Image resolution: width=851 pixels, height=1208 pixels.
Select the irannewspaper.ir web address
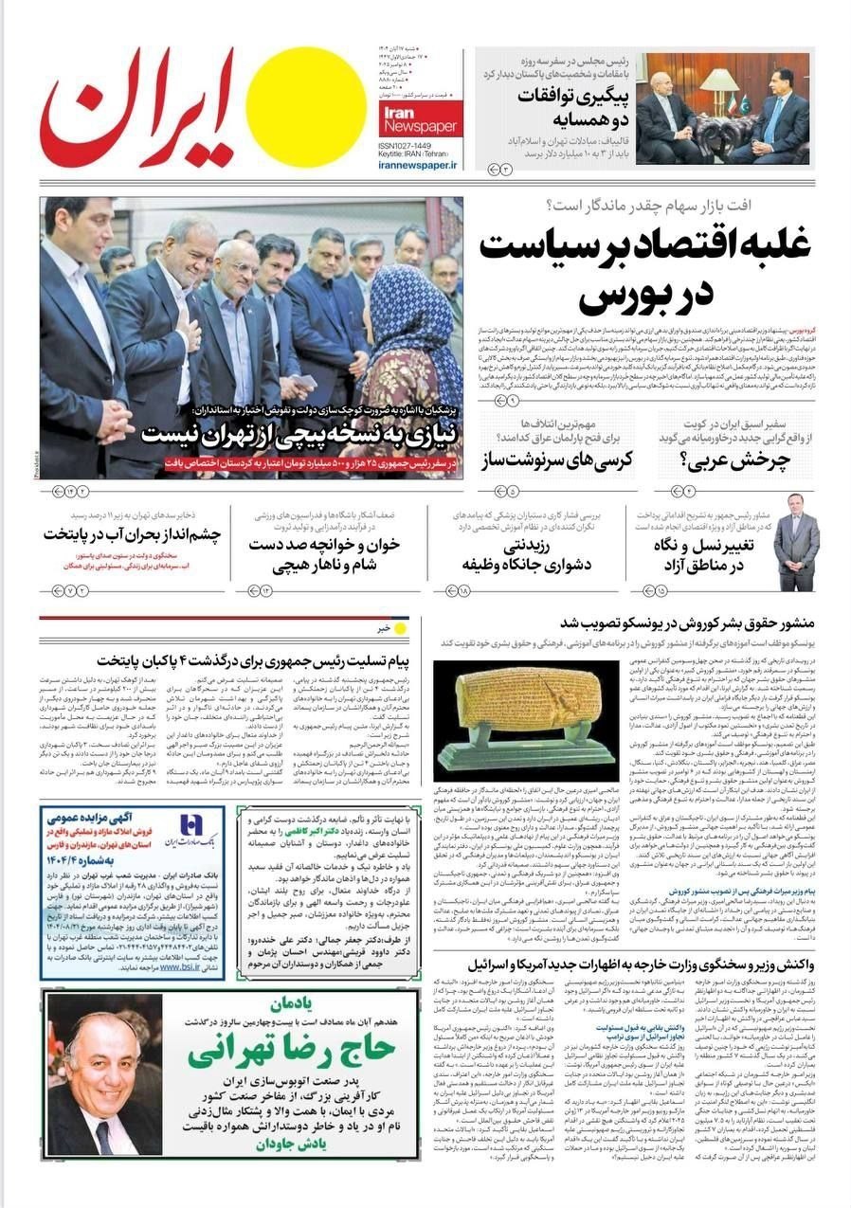point(417,165)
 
